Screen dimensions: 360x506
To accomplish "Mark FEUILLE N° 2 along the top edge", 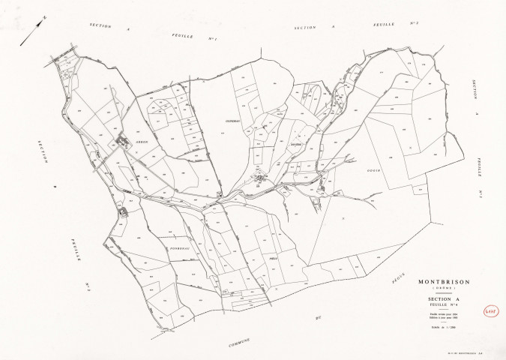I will point(397,28).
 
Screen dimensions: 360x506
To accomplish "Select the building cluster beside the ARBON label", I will point(121,140).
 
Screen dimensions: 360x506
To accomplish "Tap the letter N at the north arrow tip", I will point(44,17).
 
